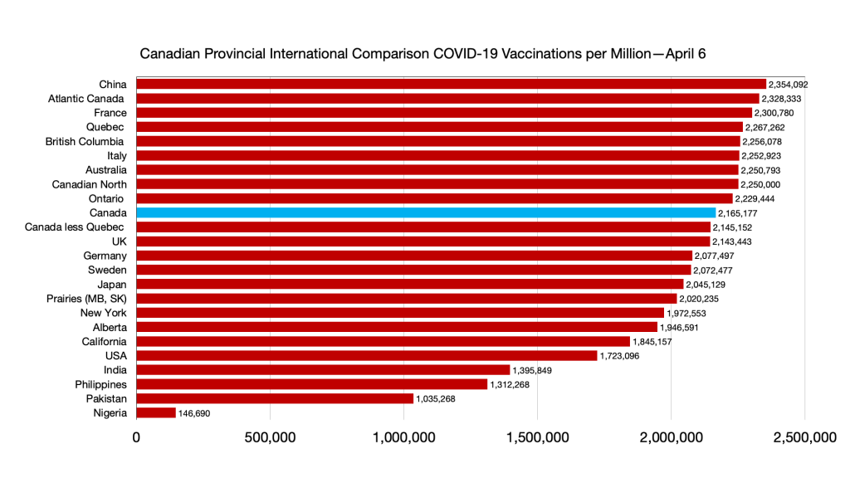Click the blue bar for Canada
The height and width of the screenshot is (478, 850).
click(x=425, y=213)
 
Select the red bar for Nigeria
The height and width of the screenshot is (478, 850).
click(x=156, y=412)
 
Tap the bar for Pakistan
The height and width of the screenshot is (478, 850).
click(x=274, y=398)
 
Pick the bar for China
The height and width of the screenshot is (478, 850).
click(x=451, y=84)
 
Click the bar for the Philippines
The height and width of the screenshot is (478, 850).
click(x=311, y=384)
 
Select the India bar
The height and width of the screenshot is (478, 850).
click(x=323, y=370)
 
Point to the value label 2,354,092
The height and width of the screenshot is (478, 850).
click(x=789, y=85)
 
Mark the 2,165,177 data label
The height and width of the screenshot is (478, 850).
click(x=738, y=213)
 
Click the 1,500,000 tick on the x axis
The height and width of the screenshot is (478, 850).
click(x=537, y=438)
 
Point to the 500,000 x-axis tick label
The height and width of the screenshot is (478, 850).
click(x=270, y=438)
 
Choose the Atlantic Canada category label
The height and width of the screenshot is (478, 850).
click(x=87, y=99)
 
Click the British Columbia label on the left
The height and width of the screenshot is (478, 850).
click(x=85, y=142)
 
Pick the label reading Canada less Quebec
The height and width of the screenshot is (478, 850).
click(x=76, y=227)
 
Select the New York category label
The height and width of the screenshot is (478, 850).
click(x=103, y=313)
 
